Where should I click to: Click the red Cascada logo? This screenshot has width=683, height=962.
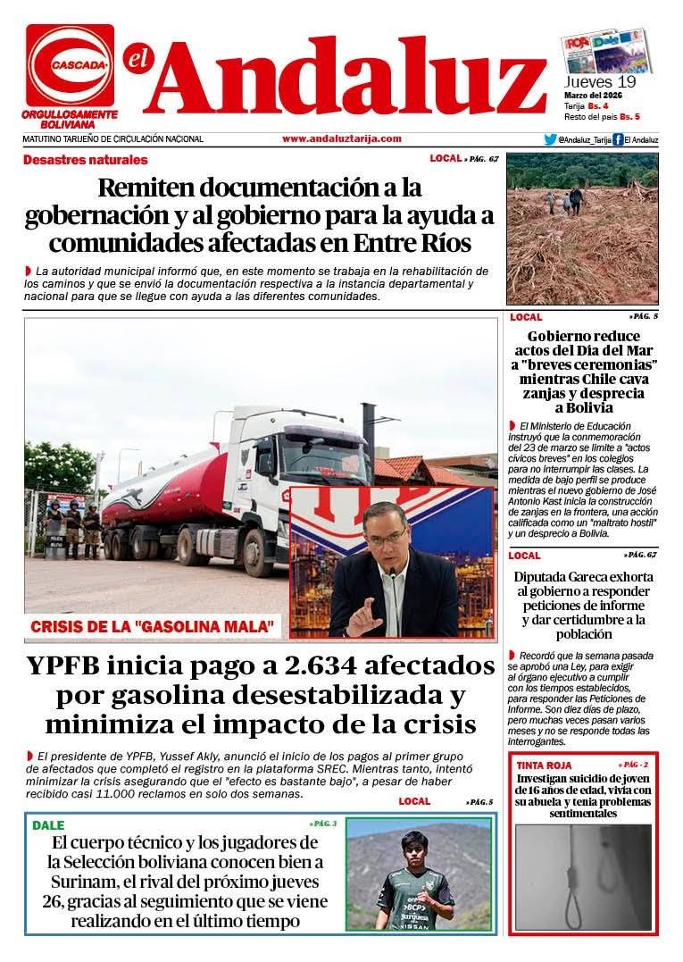click(x=70, y=65)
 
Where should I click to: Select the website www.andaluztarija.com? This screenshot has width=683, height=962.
click(x=341, y=138)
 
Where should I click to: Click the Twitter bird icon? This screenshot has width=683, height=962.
click(x=550, y=139)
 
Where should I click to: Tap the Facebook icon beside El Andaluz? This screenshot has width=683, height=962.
click(x=618, y=139)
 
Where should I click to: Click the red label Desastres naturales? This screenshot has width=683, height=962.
click(x=86, y=160)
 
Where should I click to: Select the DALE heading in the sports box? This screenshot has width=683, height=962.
click(x=48, y=825)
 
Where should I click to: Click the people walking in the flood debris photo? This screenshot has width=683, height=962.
click(x=562, y=201)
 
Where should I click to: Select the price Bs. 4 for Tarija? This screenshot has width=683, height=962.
click(x=598, y=106)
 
